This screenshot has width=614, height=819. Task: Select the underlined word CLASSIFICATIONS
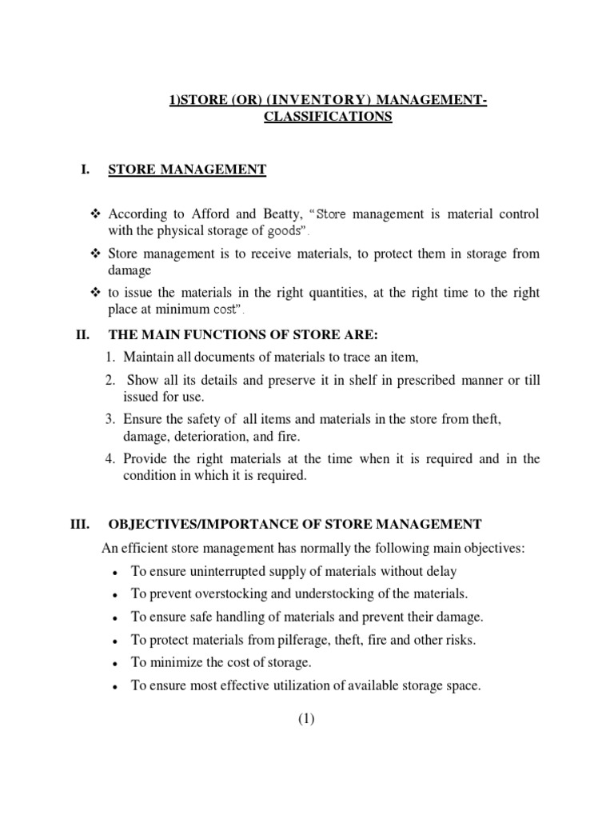coord(328,117)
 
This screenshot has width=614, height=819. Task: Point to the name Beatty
coord(278,214)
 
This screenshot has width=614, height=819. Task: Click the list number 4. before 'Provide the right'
coord(110,458)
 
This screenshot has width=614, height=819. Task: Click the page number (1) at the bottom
coord(307,719)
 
